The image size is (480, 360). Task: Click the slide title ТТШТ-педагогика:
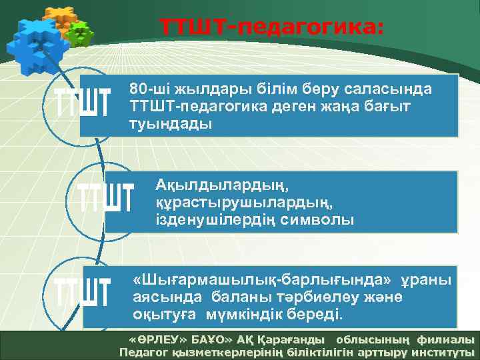click(271, 27)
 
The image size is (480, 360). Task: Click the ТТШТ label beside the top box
click(81, 104)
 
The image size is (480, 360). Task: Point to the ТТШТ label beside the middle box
click(106, 196)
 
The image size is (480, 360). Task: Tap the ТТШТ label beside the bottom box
click(81, 291)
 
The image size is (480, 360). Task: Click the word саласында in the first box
click(399, 89)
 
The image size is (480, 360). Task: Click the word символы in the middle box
click(319, 219)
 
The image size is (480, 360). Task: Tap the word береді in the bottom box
click(311, 313)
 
